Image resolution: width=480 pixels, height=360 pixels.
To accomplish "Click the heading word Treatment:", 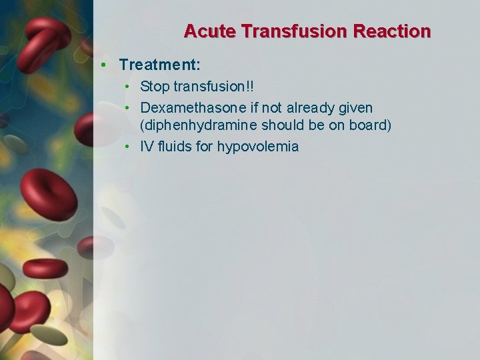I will click(160, 65).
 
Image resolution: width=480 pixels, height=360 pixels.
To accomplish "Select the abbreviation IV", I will click(147, 147).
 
